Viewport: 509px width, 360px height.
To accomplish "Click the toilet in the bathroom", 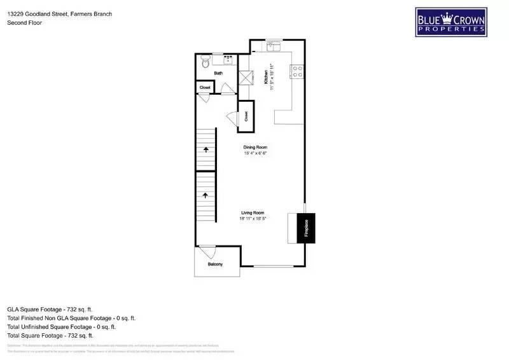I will [204, 62].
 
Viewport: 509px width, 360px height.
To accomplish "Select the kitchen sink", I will [275, 45].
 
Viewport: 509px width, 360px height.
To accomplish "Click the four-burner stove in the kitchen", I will [296, 71].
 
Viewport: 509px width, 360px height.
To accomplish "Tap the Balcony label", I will [215, 265].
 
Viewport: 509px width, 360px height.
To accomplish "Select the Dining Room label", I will [254, 146].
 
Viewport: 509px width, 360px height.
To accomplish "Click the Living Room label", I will [253, 212].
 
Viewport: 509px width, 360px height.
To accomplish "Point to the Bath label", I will [218, 73].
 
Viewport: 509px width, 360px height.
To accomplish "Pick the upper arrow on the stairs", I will [206, 150].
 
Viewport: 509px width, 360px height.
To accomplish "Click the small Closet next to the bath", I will [205, 88].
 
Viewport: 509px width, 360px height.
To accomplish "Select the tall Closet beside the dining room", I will [246, 116].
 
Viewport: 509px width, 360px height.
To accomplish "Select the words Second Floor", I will [24, 23].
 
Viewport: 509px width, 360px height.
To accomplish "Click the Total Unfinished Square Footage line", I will [61, 326].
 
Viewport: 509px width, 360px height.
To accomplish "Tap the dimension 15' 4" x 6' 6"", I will [254, 153].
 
